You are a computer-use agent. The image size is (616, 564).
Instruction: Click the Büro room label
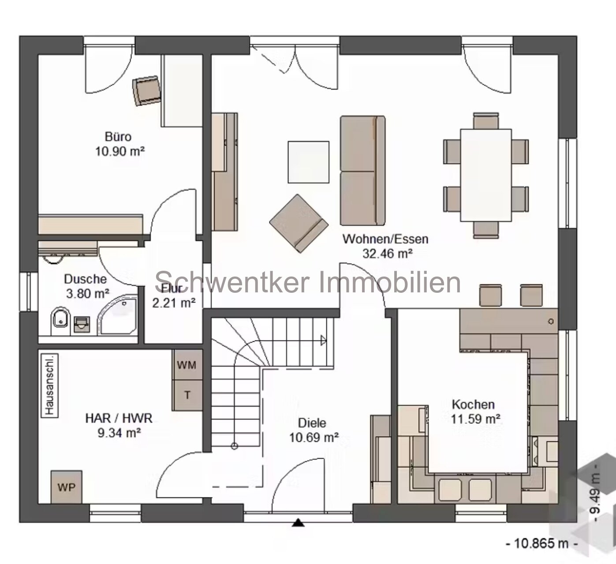(118, 136)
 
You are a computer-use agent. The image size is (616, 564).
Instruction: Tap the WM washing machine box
(187, 365)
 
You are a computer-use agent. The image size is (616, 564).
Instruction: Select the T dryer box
(187, 395)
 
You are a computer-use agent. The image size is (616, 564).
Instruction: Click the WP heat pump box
(66, 487)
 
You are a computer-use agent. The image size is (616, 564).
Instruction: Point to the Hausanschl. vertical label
(49, 384)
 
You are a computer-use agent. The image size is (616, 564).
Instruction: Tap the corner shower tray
(118, 316)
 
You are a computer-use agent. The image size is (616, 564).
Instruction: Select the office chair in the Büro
(147, 90)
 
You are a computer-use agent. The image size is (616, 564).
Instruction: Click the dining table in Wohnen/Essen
(485, 175)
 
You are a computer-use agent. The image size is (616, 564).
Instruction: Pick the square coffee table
(308, 162)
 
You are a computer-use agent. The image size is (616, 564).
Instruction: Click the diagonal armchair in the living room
(299, 223)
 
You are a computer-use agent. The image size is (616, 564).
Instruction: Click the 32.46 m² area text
(387, 253)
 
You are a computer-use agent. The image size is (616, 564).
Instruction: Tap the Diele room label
(312, 423)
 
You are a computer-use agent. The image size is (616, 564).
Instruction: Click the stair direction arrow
(323, 340)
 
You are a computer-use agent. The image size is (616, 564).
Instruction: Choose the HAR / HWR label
(119, 418)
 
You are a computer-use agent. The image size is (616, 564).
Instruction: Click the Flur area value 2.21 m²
(174, 303)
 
